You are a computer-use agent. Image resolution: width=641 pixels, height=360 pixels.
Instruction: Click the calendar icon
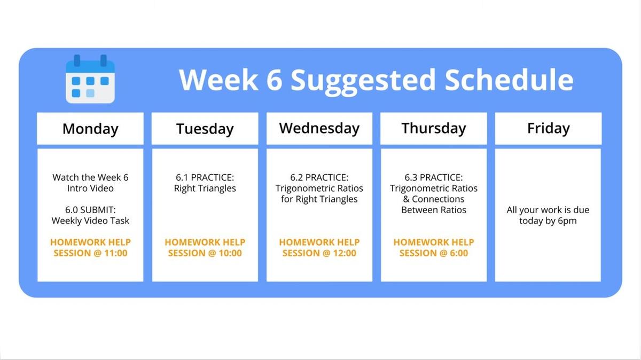tap(90, 79)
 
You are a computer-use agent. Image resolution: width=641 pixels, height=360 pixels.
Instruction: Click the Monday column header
tap(90, 129)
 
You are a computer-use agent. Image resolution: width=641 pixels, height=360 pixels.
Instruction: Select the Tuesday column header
tap(205, 129)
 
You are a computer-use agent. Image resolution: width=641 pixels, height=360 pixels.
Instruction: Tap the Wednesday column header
tap(319, 129)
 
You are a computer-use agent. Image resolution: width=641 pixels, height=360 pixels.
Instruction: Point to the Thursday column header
tap(434, 129)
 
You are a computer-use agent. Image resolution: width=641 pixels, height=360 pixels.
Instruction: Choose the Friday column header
tap(548, 129)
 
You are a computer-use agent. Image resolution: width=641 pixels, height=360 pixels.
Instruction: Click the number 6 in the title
tap(275, 80)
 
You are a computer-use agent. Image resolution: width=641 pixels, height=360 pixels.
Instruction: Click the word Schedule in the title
tap(509, 80)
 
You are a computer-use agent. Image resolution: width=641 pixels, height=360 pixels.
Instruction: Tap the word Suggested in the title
tap(363, 82)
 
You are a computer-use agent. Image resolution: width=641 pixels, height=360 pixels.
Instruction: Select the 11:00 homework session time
tap(115, 253)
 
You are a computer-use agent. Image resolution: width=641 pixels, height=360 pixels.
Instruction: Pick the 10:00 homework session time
tap(230, 253)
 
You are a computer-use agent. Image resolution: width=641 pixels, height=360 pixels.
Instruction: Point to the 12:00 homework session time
tap(345, 253)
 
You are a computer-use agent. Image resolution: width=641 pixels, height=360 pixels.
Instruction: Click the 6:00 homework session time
tap(459, 253)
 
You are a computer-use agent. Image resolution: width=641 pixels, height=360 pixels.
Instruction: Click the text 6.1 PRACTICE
tap(205, 177)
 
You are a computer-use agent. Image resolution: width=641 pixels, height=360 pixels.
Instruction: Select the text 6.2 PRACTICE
tap(319, 177)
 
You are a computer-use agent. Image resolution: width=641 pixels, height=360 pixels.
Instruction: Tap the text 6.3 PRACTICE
tap(434, 177)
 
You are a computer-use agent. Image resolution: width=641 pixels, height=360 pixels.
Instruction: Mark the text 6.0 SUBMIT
tap(90, 210)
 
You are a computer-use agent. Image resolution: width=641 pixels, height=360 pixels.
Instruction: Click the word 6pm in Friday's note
tap(567, 221)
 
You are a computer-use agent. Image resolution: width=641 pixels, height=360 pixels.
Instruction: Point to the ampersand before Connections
tap(406, 199)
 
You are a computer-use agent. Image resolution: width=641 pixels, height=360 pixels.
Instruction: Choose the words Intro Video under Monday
tap(90, 189)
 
